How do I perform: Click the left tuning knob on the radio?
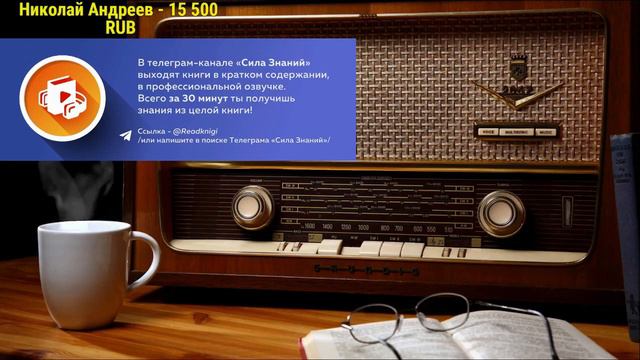[x=253, y=207]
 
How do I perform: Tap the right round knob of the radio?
[x=501, y=212]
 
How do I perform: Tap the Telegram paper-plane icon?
[x=125, y=135]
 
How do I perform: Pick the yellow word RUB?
[x=121, y=29]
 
